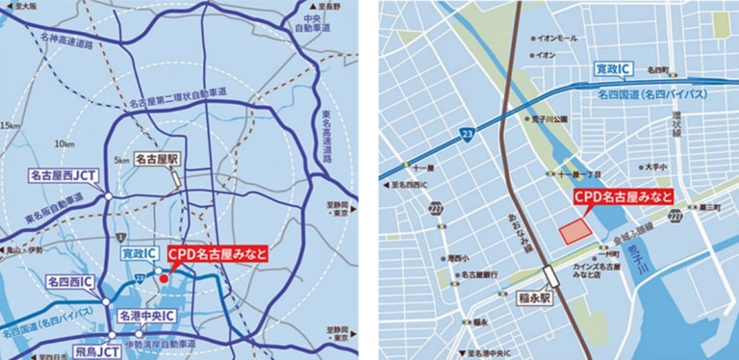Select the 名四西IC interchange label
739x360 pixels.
point(70,282)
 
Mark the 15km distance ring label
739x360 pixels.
point(12,125)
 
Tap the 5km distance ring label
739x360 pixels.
point(121,160)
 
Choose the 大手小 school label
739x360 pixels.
point(656,167)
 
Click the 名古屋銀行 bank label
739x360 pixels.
point(478,274)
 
